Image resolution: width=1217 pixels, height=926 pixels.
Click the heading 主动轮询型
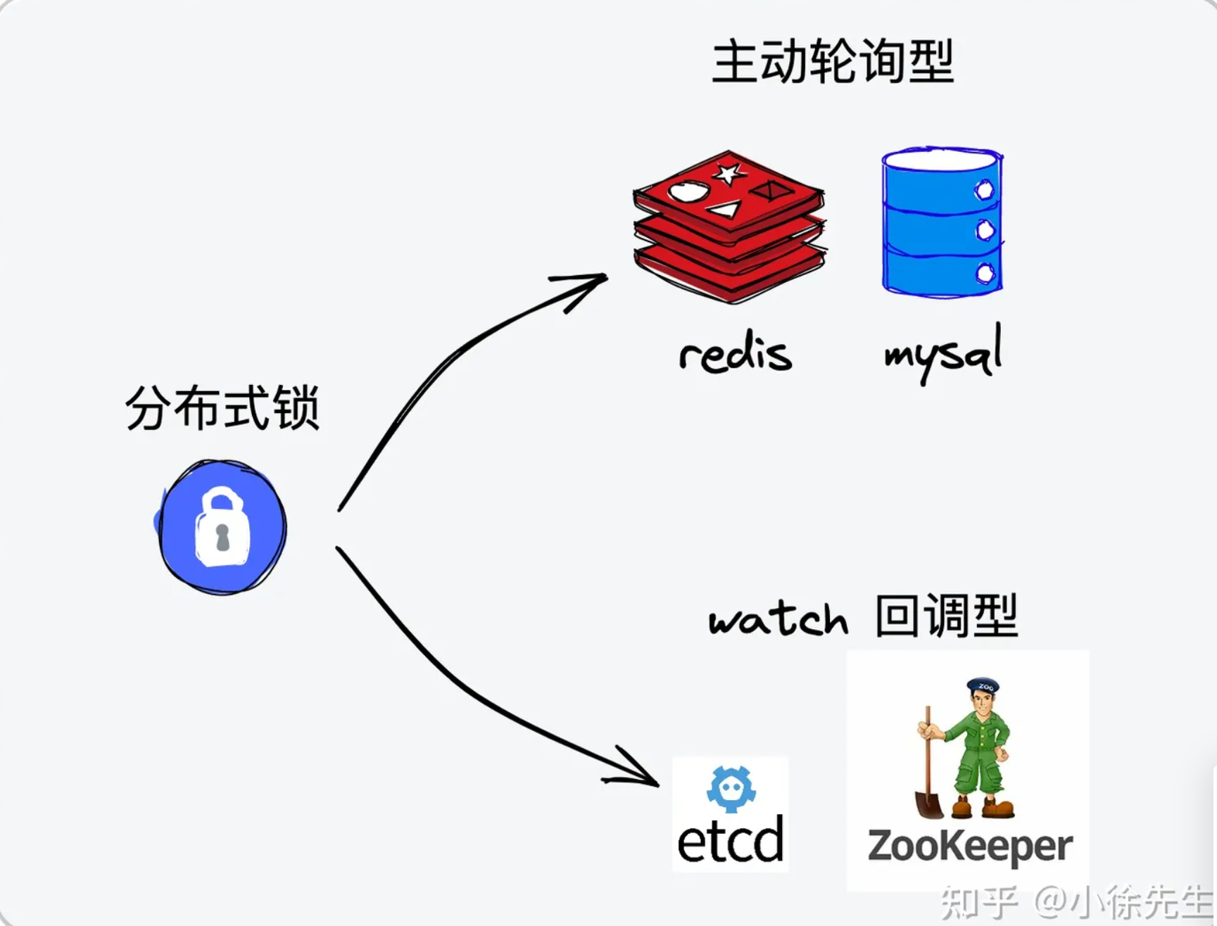833,62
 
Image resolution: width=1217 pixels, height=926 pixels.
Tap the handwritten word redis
735,354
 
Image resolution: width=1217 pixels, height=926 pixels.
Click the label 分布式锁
222,408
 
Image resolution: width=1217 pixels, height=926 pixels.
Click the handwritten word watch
778,619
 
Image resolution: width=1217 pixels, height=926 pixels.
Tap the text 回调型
947,616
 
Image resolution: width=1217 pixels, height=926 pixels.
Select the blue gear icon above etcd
731,787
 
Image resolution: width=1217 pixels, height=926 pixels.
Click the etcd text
731,840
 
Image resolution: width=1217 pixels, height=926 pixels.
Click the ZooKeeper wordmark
970,846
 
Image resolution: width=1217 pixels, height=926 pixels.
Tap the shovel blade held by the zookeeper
929,804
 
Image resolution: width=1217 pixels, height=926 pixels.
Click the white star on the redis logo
729,173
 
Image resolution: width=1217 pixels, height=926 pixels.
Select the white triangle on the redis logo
725,209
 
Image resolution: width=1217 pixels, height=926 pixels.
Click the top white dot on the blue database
984,189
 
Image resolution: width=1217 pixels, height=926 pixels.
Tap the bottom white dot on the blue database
985,272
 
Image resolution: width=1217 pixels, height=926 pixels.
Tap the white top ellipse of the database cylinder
942,160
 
